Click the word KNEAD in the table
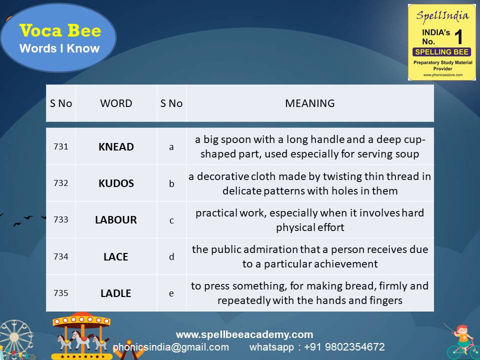pyautogui.click(x=116, y=146)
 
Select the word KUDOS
pyautogui.click(x=116, y=183)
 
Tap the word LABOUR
pyautogui.click(x=116, y=220)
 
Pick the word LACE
pyautogui.click(x=116, y=256)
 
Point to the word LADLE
pyautogui.click(x=116, y=293)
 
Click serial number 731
pyautogui.click(x=60, y=146)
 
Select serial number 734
pyautogui.click(x=60, y=256)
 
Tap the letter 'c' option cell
pyautogui.click(x=171, y=220)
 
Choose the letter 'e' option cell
pyautogui.click(x=171, y=293)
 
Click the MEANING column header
pyautogui.click(x=310, y=103)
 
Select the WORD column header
pyautogui.click(x=116, y=103)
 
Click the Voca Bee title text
pyautogui.click(x=60, y=31)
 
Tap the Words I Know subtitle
pyautogui.click(x=59, y=48)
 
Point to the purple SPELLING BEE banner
pyautogui.click(x=441, y=52)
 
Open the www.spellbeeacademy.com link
pyautogui.click(x=244, y=334)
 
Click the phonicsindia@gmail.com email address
pyautogui.click(x=171, y=347)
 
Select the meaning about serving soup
pyautogui.click(x=310, y=146)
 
